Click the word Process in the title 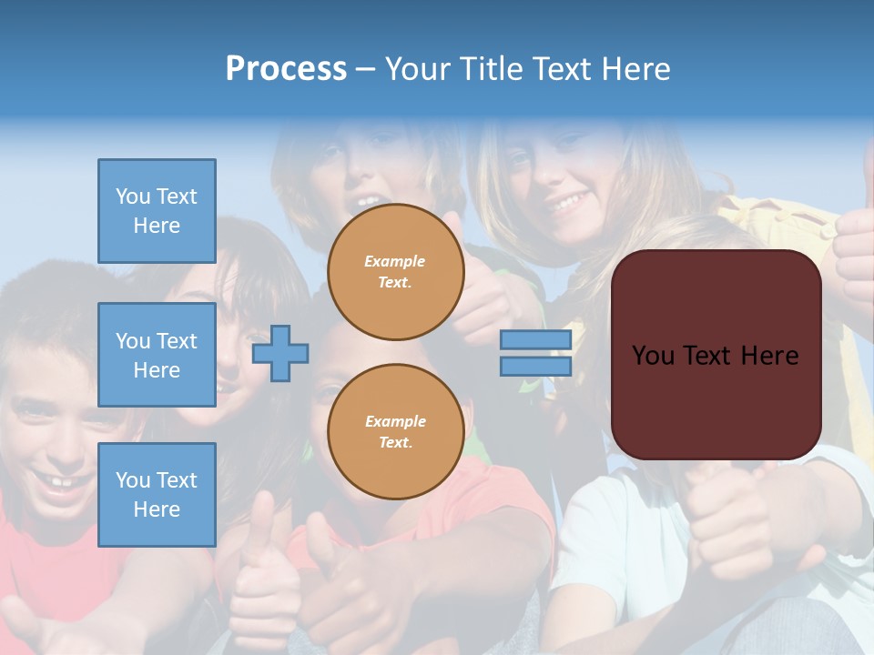pos(286,69)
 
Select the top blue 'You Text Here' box pos(157,211)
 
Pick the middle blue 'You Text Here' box pos(157,355)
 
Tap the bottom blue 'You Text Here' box pos(157,495)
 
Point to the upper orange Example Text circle pos(395,272)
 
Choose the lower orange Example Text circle pos(395,432)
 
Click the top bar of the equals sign pos(535,340)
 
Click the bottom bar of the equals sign pos(535,366)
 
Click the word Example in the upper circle pos(395,262)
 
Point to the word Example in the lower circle pos(395,422)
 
